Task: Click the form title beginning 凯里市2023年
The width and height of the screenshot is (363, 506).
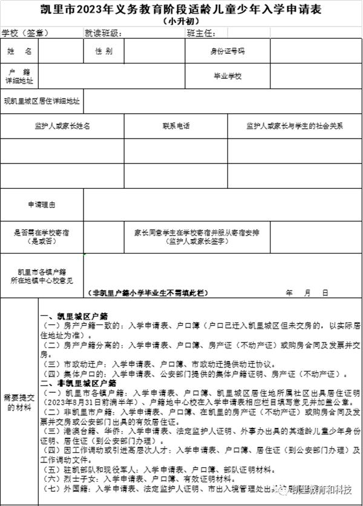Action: click(181, 9)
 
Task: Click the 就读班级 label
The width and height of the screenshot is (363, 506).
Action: click(103, 33)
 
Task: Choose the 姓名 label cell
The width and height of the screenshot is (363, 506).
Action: click(19, 51)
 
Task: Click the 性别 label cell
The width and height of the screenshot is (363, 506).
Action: click(103, 51)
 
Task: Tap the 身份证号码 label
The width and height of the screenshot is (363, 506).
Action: click(227, 51)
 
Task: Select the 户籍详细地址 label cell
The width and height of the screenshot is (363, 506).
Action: click(19, 76)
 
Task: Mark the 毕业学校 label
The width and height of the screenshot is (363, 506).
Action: click(227, 76)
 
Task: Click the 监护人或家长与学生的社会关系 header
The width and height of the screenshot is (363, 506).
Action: click(294, 126)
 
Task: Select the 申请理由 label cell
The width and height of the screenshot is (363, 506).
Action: click(42, 206)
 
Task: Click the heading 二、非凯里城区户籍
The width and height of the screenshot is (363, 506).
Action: click(74, 383)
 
